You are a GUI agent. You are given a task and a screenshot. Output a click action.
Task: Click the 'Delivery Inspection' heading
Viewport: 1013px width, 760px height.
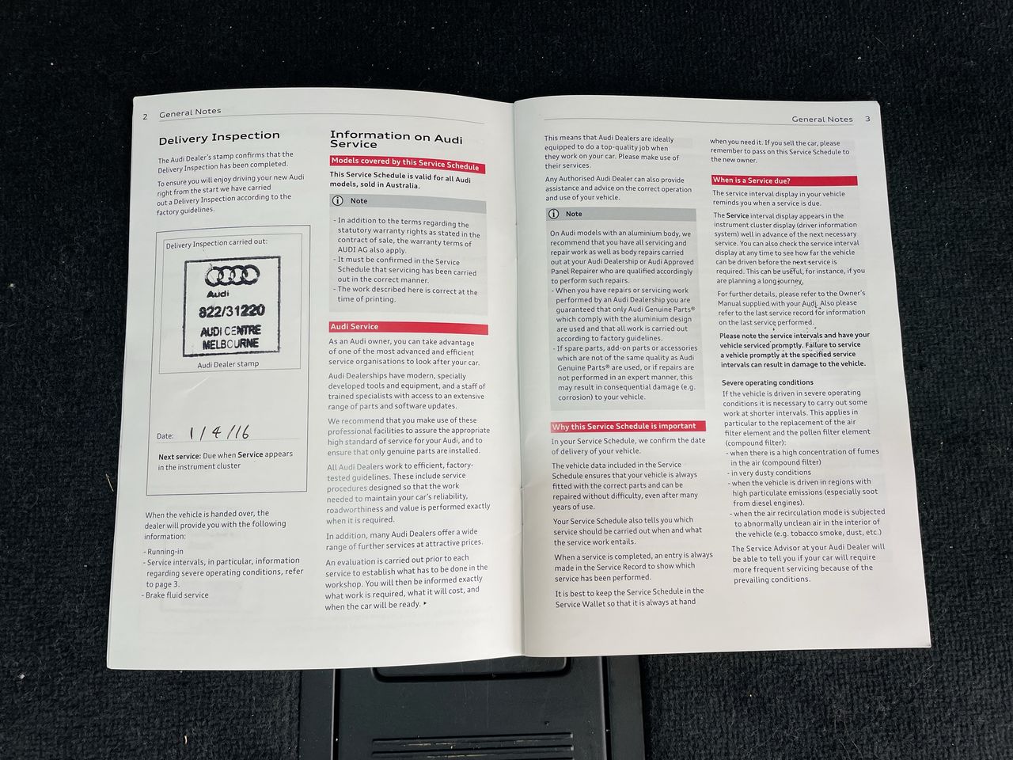[219, 137]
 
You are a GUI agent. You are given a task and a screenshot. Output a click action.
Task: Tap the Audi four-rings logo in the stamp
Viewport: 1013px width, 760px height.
[232, 276]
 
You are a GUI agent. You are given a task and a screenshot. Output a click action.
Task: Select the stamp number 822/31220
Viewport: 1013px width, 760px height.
[232, 311]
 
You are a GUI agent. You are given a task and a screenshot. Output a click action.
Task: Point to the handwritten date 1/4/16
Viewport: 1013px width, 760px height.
[219, 432]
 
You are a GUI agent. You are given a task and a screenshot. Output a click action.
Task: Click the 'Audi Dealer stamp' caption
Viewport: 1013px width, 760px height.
[228, 364]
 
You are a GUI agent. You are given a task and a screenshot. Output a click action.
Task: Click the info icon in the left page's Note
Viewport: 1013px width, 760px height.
[338, 201]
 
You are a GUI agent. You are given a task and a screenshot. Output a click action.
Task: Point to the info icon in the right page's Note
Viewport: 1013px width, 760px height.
[554, 214]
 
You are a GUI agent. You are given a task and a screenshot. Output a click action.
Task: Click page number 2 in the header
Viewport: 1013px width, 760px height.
[145, 116]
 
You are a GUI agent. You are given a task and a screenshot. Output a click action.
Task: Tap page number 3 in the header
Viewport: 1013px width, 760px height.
[867, 119]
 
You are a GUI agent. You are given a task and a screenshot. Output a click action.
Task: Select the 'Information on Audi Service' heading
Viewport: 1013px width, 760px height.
[396, 139]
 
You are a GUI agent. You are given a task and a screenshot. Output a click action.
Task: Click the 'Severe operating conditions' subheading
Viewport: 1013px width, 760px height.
[768, 382]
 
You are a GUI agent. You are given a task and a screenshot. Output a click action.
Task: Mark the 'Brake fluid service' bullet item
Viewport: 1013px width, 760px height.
[176, 595]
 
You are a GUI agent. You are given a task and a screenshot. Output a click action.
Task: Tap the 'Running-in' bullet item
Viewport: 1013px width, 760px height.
[164, 552]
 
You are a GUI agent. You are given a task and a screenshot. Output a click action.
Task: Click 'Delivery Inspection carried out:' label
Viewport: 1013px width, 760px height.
[216, 243]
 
